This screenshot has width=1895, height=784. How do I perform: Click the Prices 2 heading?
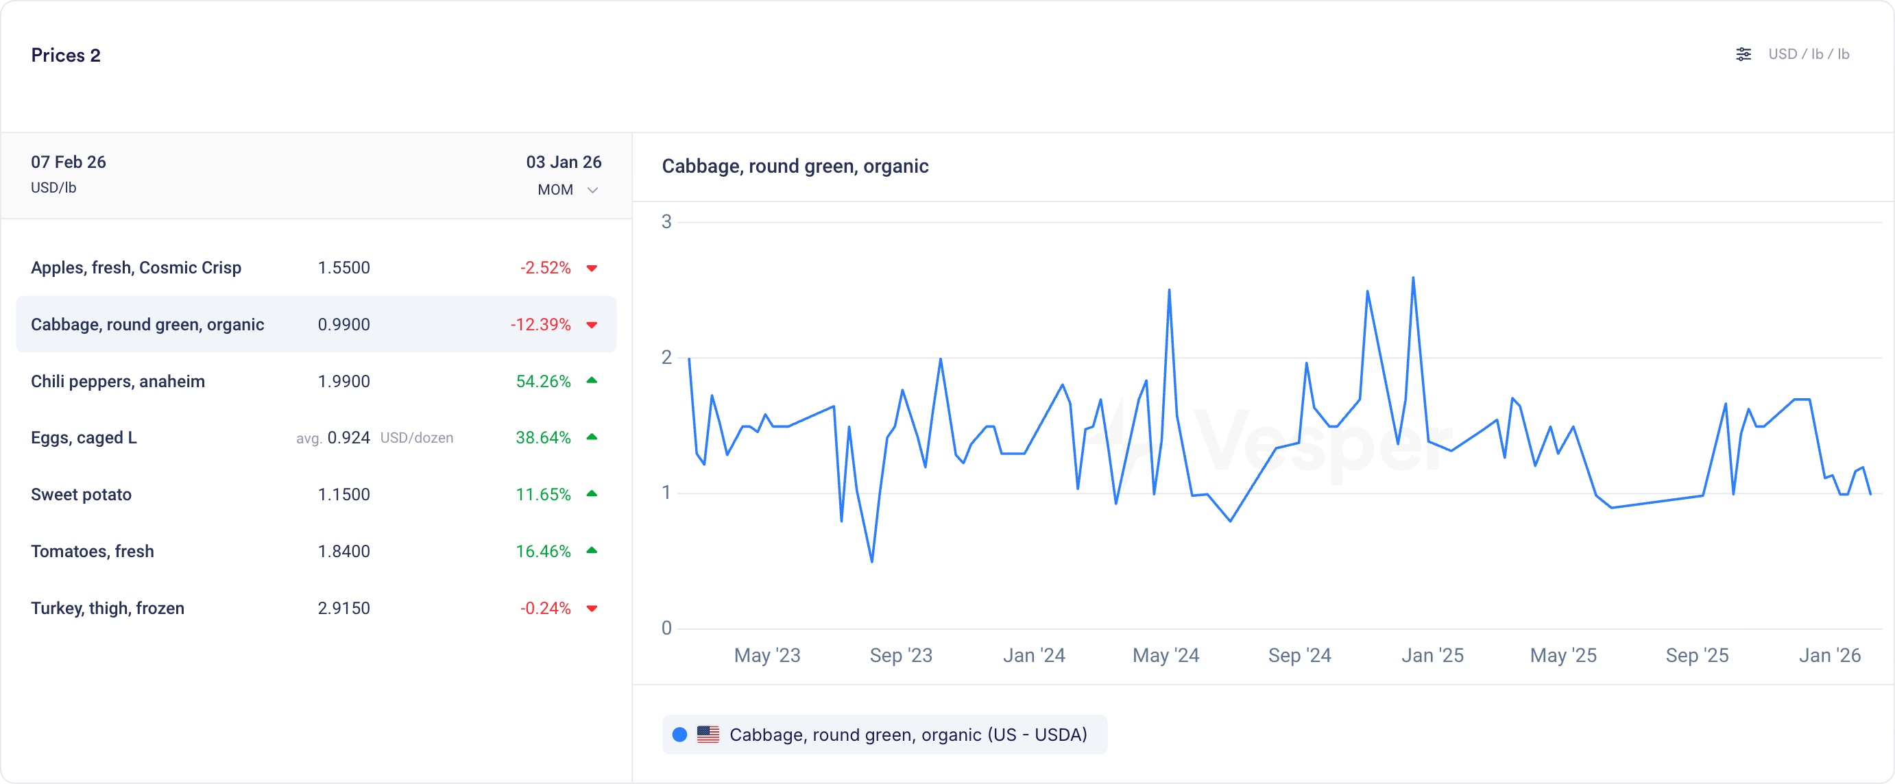point(65,55)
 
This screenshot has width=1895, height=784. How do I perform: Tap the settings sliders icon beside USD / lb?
point(1743,54)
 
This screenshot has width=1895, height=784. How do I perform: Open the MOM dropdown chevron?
point(592,191)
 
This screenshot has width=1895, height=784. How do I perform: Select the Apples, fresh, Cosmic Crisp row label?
point(136,268)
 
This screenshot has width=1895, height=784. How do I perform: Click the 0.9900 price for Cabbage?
point(343,324)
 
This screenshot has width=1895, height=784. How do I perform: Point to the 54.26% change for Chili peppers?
point(543,381)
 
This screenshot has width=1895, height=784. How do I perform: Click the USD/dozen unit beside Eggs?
point(416,438)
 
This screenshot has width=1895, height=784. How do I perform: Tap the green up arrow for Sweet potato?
point(592,493)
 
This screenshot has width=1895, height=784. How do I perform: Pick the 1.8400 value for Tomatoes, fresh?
point(343,551)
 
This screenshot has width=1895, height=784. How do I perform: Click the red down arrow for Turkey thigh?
point(592,609)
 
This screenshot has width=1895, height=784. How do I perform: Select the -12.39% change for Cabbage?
point(540,324)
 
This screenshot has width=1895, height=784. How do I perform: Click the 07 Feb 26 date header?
point(69,162)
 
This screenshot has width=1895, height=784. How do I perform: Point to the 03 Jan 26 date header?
point(564,162)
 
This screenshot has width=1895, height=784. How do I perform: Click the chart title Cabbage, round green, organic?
point(795,167)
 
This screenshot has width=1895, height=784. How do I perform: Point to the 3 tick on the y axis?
point(666,221)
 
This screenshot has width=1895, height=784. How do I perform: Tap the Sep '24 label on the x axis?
point(1299,655)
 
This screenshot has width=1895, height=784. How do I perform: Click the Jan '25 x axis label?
point(1432,655)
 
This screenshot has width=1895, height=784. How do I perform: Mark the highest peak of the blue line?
point(1413,278)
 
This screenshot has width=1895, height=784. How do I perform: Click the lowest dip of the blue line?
point(871,562)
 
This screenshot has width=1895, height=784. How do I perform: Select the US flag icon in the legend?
point(708,734)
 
